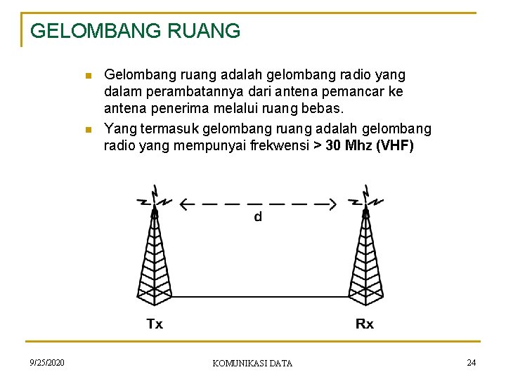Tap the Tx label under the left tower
pyautogui.click(x=155, y=324)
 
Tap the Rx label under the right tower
pyautogui.click(x=365, y=324)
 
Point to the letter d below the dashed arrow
pyautogui.click(x=258, y=218)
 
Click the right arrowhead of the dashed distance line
pyautogui.click(x=331, y=205)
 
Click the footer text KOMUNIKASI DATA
pyautogui.click(x=252, y=363)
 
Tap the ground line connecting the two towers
pyautogui.click(x=260, y=297)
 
